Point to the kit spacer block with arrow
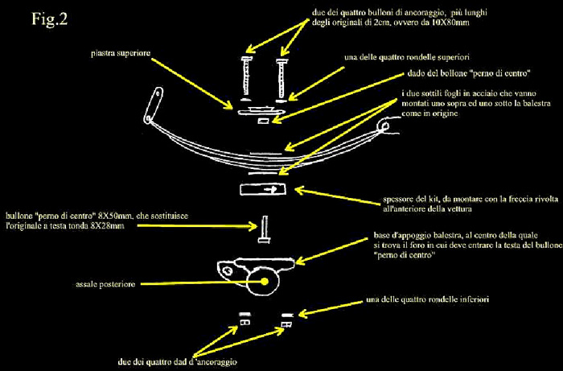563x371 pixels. tap(262, 189)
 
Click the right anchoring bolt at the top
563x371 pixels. tap(281, 76)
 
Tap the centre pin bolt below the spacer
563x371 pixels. tap(263, 231)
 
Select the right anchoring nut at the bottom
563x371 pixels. tap(283, 324)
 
